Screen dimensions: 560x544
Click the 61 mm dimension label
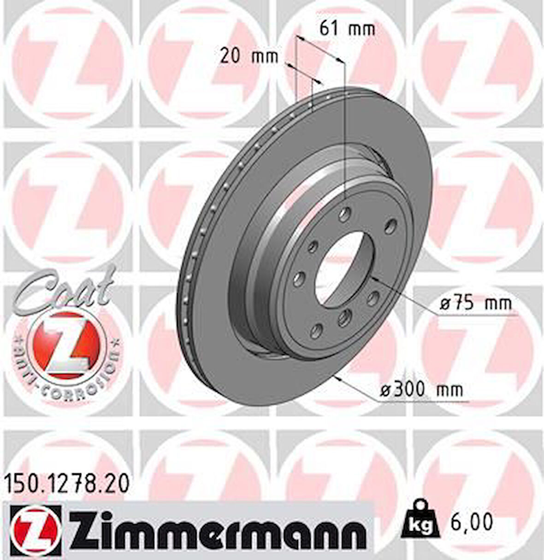tap(347, 29)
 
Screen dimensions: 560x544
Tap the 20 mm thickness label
tap(249, 57)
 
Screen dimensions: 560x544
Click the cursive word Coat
tap(65, 288)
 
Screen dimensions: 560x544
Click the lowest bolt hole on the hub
tap(317, 329)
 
